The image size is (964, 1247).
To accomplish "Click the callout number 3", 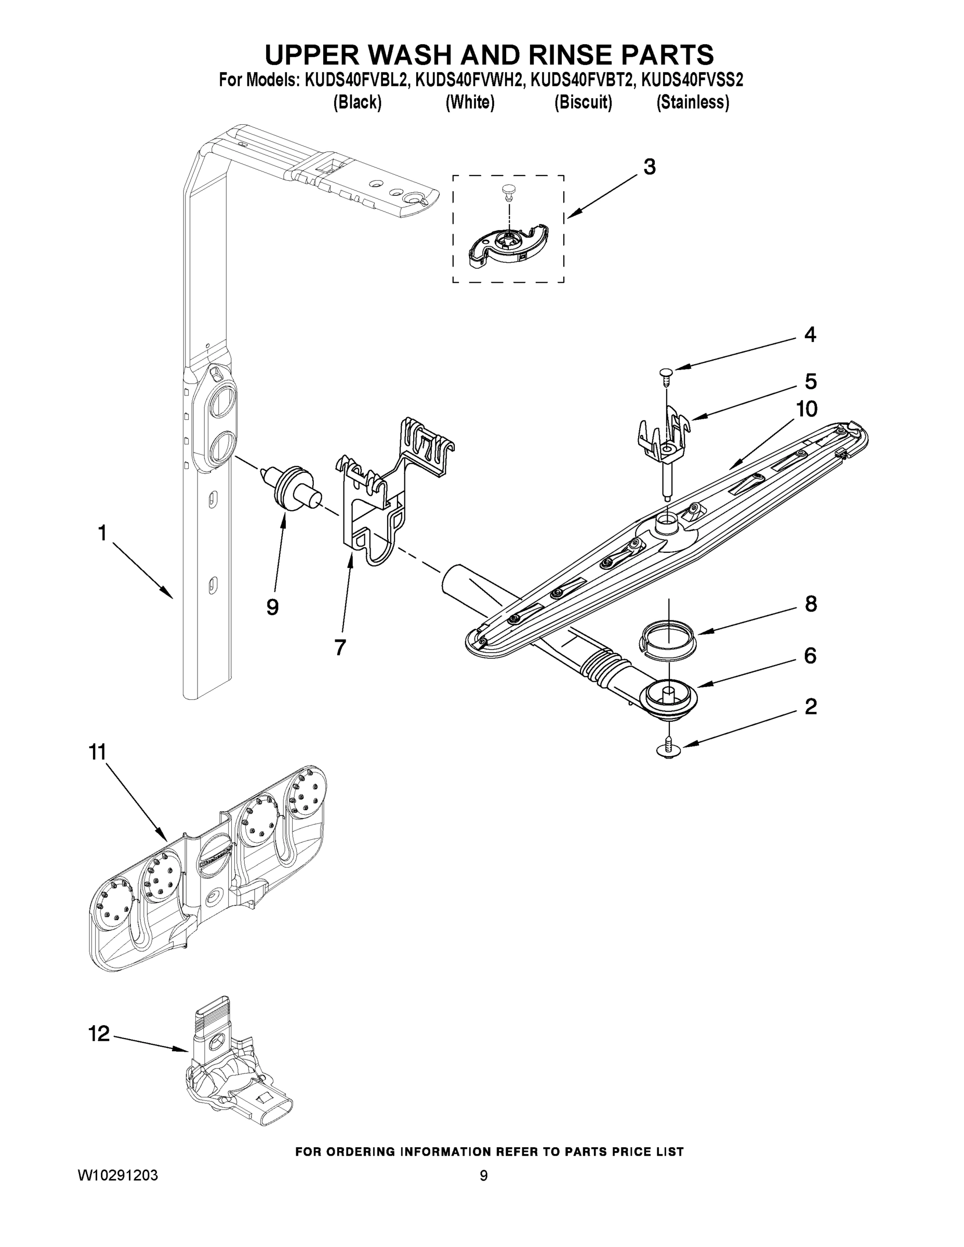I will click(649, 167).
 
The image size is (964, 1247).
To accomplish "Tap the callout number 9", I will click(272, 607).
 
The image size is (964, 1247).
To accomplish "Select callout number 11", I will click(98, 752).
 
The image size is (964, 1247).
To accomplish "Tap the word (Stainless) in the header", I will click(692, 102).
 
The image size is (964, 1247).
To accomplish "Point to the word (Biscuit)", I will click(583, 102).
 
